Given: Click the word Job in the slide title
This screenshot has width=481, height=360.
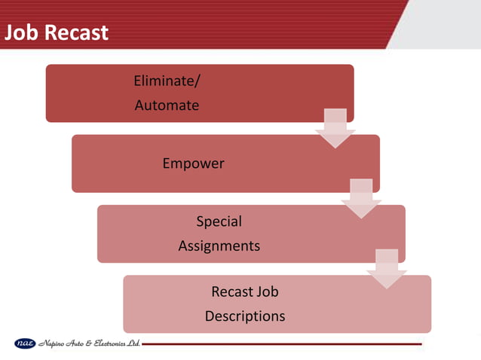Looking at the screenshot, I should click(23, 33).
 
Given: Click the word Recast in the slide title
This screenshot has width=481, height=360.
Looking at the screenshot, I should click(78, 33).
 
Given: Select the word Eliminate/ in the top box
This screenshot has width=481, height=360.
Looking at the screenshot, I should click(167, 81).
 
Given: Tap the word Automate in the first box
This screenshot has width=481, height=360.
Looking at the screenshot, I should click(167, 105).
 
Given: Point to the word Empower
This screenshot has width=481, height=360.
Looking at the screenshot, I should click(193, 163).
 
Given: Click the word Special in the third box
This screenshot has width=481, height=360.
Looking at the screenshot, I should click(219, 221).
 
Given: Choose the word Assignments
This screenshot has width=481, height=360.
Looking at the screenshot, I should click(219, 246).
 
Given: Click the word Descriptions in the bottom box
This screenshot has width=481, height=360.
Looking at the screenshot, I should click(245, 316).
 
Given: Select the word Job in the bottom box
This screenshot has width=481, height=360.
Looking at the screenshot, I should click(268, 291).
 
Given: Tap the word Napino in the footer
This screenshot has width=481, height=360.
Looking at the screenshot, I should click(52, 344).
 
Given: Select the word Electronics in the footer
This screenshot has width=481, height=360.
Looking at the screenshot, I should click(111, 344).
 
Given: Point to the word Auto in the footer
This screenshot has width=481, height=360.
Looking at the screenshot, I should click(81, 344).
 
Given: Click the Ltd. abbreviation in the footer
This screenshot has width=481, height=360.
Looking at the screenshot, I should click(134, 344).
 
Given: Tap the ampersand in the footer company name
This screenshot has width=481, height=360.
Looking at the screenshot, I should click(93, 344).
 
